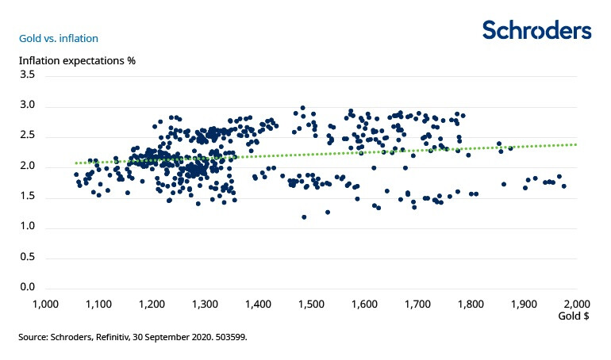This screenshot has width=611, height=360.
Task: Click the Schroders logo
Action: (536, 30)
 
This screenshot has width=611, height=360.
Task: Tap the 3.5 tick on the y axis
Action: (27, 75)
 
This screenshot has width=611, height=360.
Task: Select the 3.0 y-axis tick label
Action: (27, 105)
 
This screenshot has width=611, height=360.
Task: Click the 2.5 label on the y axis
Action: (27, 136)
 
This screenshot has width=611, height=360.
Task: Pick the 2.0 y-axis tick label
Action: (27, 166)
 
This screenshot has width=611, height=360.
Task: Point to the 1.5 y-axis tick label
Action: (27, 197)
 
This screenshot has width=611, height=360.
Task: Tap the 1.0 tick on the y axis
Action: (27, 227)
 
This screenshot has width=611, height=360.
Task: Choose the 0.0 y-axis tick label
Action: (27, 287)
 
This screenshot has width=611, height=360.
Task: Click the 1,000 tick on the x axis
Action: (44, 304)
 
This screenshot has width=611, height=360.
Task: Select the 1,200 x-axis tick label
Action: (151, 304)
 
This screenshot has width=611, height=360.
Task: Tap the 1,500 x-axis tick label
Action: (310, 304)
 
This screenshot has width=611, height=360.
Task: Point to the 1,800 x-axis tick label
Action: (470, 304)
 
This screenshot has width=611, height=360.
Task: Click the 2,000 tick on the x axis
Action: (576, 304)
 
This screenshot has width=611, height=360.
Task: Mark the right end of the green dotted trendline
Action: (575, 144)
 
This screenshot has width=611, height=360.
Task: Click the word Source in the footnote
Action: (33, 337)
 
